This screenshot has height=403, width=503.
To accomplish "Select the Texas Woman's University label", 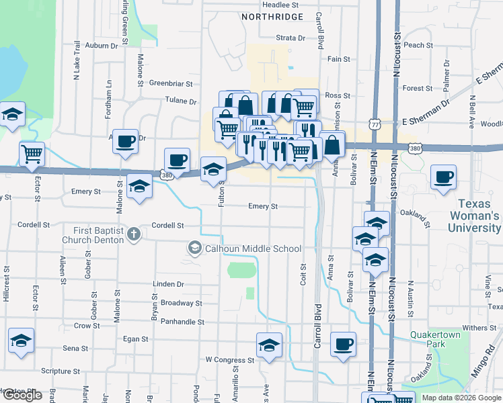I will click(479, 216).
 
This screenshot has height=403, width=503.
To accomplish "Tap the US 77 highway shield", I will click(375, 124).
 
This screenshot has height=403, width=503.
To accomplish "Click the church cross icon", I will click(133, 234).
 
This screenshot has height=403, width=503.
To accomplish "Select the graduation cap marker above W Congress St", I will click(269, 345).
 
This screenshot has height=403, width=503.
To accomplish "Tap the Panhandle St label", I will click(182, 322).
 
